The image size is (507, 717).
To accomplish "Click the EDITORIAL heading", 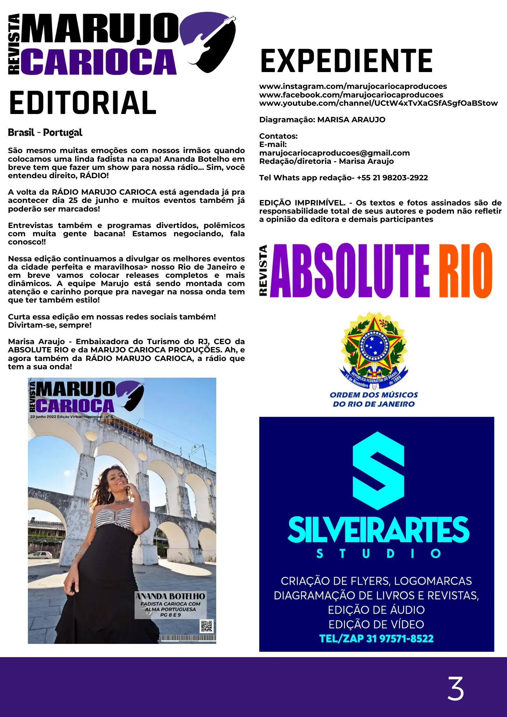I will click(83, 103).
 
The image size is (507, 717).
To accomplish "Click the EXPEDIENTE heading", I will click(346, 61).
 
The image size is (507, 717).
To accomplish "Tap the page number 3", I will click(455, 688).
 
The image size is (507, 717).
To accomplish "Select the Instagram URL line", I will click(353, 86).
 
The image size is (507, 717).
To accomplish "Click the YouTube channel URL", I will click(378, 103).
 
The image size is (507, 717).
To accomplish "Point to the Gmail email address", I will click(334, 153).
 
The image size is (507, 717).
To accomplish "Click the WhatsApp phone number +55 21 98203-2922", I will click(392, 178).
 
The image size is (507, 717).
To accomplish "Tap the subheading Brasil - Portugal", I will click(45, 133).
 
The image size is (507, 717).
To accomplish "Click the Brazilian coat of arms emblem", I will click(374, 350).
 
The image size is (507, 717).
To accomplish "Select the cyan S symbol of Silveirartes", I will click(378, 470).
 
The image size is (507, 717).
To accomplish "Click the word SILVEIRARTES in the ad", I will click(378, 530).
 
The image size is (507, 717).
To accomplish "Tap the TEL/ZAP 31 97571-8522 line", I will click(376, 638).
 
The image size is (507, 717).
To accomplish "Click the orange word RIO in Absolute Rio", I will click(465, 271).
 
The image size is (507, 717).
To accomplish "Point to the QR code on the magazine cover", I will click(207, 626).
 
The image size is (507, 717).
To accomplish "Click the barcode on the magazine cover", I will click(188, 638).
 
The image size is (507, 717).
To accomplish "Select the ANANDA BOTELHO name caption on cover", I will click(170, 596).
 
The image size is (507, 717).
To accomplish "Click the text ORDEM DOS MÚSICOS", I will click(374, 395).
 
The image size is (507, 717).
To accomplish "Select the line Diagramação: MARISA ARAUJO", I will click(322, 120).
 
